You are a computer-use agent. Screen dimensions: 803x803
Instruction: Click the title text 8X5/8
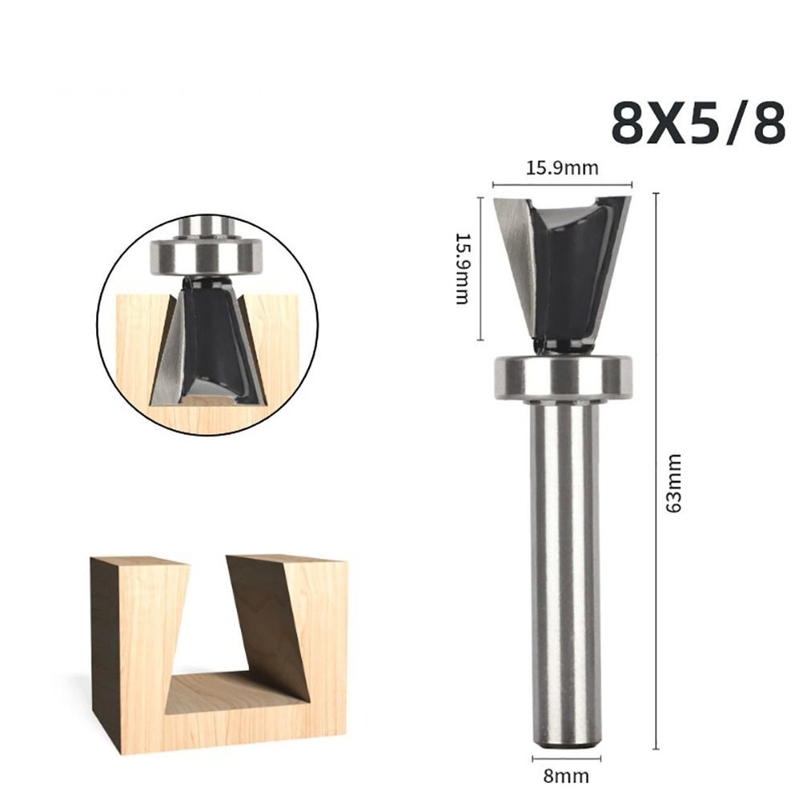point(698,123)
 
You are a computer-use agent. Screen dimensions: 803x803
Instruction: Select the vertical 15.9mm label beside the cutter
point(461,269)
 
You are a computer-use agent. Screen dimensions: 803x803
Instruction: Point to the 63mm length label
point(675,483)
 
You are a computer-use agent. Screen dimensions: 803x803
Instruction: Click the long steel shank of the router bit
point(567,569)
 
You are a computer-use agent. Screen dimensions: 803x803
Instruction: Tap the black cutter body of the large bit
point(568,268)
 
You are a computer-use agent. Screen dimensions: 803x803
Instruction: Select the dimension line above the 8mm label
point(566,758)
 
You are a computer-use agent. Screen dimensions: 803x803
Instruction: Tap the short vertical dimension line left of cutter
point(480,268)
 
